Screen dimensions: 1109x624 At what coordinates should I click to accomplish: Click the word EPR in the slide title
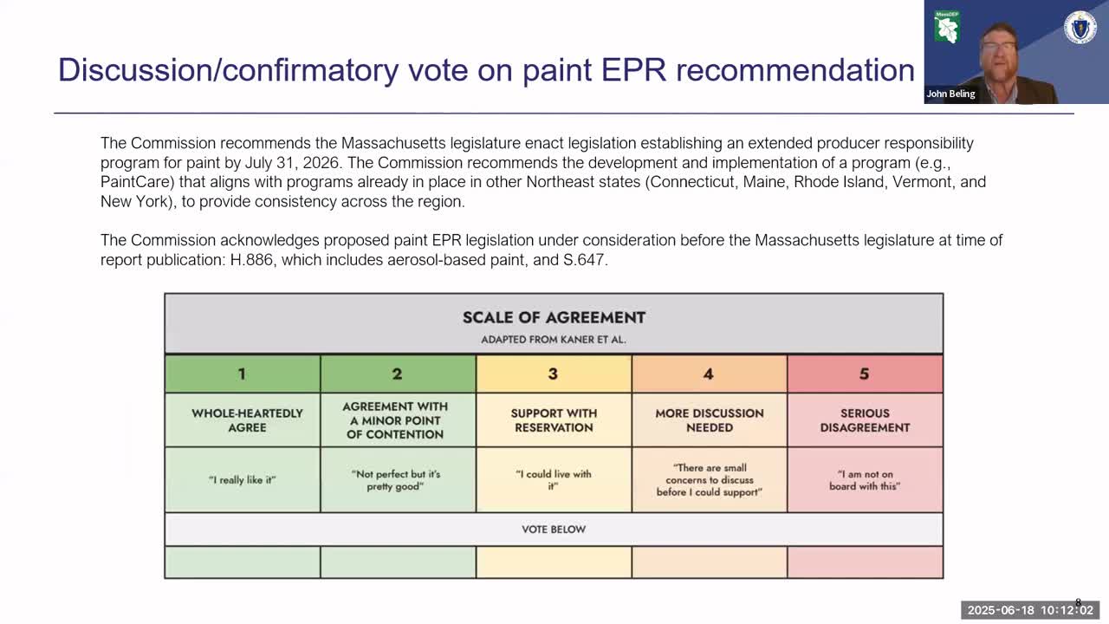633,70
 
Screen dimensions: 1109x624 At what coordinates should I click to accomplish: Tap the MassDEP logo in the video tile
947,27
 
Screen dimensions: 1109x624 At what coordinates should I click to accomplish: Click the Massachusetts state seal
1080,29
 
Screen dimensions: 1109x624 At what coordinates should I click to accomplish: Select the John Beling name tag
950,94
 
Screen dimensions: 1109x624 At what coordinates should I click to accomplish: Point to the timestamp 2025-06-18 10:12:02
1030,610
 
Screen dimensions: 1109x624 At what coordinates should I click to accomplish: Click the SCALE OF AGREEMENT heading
554,317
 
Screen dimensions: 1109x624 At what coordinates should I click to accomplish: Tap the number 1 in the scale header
242,374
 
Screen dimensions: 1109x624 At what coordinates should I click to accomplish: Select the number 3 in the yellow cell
553,374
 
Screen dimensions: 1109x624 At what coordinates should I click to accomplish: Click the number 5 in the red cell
864,374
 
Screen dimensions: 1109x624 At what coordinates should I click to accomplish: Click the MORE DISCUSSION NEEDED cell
710,420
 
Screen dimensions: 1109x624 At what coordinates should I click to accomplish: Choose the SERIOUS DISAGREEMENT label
865,420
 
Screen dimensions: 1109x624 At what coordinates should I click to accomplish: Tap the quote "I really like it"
242,480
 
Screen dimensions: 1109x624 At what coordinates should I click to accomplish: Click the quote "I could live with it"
554,480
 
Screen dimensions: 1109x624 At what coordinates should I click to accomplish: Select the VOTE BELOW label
554,530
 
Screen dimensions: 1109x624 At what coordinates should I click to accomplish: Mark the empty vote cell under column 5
865,562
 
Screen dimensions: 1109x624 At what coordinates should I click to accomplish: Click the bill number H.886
251,260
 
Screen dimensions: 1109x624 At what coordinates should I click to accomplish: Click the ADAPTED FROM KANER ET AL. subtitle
554,340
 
